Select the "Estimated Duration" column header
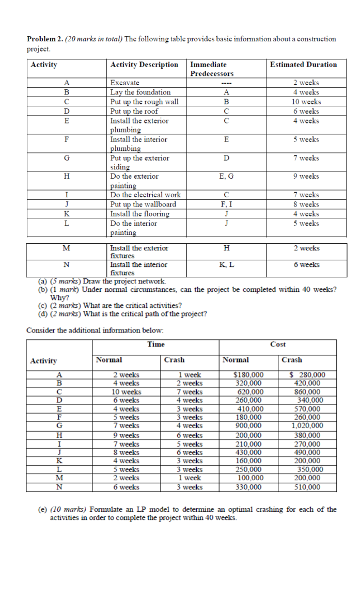click(303, 65)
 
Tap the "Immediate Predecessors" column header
click(212, 69)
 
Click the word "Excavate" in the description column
click(125, 83)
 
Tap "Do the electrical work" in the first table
click(146, 195)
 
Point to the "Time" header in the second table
click(155, 344)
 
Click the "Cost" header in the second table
click(278, 344)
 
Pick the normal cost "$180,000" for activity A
click(248, 375)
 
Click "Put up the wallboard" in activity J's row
click(143, 204)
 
